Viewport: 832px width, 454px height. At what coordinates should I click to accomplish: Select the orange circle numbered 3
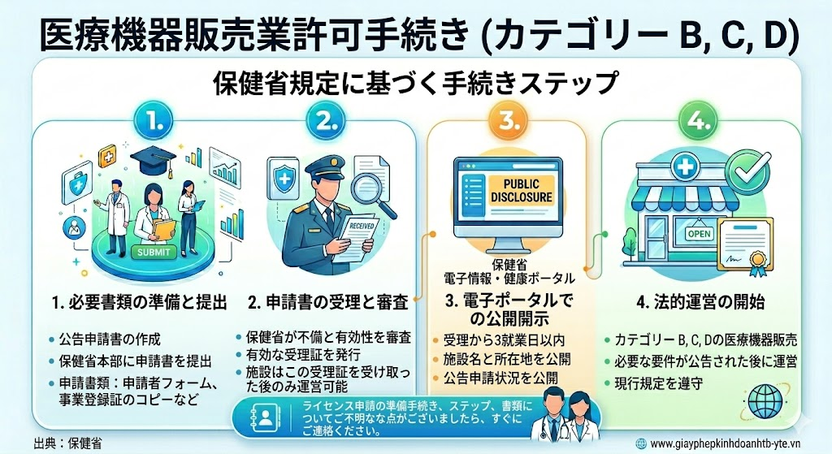507,121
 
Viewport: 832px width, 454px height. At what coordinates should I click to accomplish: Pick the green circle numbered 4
699,121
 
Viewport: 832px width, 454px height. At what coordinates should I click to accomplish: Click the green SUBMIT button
154,252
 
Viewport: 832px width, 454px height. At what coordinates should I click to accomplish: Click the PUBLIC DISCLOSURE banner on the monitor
521,191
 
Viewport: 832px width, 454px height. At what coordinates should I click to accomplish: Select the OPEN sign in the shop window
699,233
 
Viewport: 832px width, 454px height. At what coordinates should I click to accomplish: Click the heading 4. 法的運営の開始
700,302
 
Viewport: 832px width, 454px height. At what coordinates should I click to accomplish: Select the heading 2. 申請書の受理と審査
328,302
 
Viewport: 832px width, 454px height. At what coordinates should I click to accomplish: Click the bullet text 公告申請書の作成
110,339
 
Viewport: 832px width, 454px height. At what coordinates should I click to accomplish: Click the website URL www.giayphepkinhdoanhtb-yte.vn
725,443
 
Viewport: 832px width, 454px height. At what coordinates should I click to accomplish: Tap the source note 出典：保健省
67,443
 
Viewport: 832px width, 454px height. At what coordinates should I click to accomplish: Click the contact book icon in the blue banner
264,417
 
